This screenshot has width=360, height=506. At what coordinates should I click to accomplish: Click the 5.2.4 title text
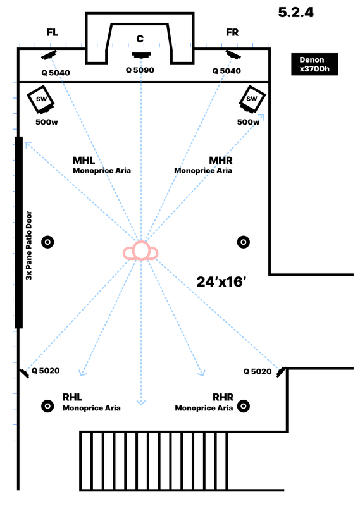click(295, 12)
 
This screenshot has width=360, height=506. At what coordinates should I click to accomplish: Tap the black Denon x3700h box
click(314, 65)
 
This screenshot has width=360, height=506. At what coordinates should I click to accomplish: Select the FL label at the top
click(53, 32)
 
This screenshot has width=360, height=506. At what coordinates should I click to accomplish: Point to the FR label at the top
click(232, 32)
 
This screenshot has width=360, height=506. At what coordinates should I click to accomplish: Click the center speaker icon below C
click(142, 55)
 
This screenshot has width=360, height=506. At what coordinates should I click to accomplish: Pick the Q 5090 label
click(140, 70)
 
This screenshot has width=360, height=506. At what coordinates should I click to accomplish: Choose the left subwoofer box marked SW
click(40, 100)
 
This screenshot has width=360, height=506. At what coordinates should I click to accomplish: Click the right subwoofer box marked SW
click(252, 99)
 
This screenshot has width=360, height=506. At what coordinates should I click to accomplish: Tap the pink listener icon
click(140, 250)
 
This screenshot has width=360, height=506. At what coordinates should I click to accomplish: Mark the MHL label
click(84, 161)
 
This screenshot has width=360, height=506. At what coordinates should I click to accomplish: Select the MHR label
click(221, 161)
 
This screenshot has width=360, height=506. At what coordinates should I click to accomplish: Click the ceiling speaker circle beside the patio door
click(48, 242)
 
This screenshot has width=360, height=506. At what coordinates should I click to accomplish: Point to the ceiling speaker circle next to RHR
click(244, 406)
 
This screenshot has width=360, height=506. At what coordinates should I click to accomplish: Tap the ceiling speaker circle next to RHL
click(48, 406)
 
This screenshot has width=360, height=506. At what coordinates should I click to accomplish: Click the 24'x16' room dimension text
click(221, 281)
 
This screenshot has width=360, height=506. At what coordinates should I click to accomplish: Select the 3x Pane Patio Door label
click(29, 245)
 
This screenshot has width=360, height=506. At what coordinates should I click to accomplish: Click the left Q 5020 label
click(46, 371)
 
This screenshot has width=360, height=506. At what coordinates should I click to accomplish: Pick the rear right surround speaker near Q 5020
click(282, 372)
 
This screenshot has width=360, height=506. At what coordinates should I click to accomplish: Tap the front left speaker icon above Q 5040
click(49, 55)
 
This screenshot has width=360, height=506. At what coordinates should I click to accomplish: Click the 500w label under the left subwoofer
click(47, 122)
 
